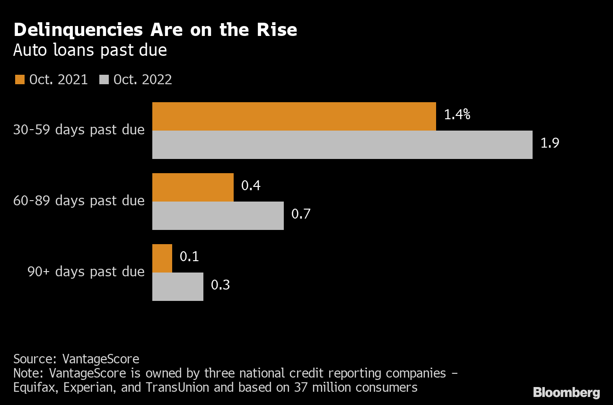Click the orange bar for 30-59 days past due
pos(294,116)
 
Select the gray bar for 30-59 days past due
pos(342,145)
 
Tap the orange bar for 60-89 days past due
pos(193,187)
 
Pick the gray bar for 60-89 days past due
pos(218,216)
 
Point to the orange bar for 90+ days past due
pos(162,258)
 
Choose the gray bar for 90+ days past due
pos(177,287)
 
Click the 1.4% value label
pos(457,114)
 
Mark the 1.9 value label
pos(550,143)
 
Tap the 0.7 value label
pos(301,214)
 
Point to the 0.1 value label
pos(189,256)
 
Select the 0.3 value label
pos(220,285)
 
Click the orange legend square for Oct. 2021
pos(19,79)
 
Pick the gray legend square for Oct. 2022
pos(104,79)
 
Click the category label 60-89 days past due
pos(79,201)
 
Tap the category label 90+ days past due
pos(86,272)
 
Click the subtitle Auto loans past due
pos(90,50)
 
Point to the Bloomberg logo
pos(566,392)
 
